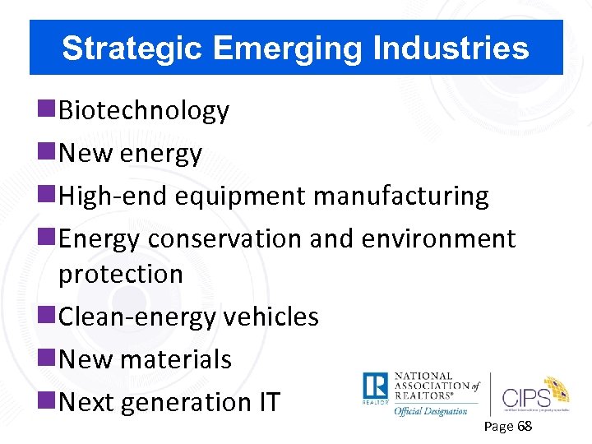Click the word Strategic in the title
[x=132, y=49]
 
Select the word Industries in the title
[x=451, y=49]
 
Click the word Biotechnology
[x=144, y=111]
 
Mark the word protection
[x=121, y=274]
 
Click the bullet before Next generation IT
[x=49, y=401]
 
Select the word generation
[x=174, y=403]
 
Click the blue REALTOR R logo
[x=375, y=388]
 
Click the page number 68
[x=524, y=427]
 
